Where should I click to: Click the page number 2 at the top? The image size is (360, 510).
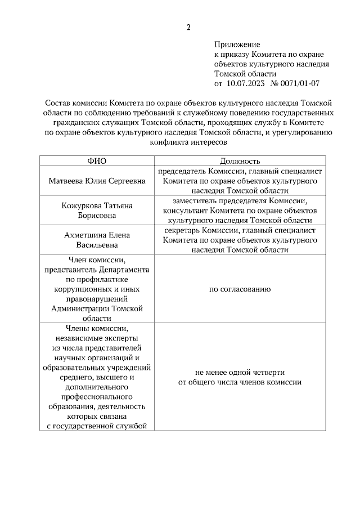tap(189, 26)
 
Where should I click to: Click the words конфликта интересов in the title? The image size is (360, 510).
tap(188, 142)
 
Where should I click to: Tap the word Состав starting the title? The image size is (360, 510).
tap(57, 104)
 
